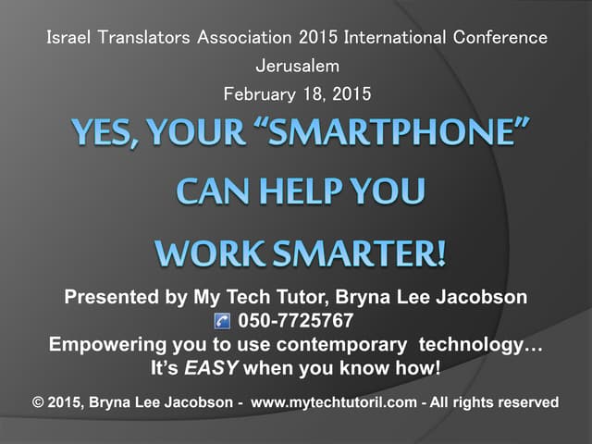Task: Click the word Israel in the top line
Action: coord(68,37)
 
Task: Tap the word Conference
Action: coord(500,37)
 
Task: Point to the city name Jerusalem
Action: coord(298,66)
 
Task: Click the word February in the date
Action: coord(259,94)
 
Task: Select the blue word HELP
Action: coord(302,191)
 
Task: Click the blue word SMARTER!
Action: coord(359,253)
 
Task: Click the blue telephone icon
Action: coord(222,321)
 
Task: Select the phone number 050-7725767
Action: coord(296,321)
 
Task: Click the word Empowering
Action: coord(107,345)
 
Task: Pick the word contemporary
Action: coord(341,345)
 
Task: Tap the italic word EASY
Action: coord(211,368)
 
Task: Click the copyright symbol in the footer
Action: coord(38,402)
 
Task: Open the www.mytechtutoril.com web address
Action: coord(334,402)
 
